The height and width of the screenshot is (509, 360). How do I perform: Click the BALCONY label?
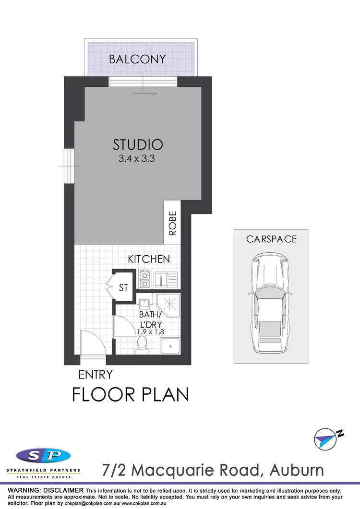pyautogui.click(x=137, y=59)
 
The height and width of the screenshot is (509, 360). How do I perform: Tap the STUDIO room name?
pyautogui.click(x=138, y=144)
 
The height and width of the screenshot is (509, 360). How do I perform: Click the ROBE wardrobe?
pyautogui.click(x=172, y=223)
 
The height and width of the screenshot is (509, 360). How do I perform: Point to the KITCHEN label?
pyautogui.click(x=149, y=259)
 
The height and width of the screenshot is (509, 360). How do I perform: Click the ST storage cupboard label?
pyautogui.click(x=124, y=288)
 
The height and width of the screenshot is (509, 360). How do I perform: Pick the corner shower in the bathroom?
pyautogui.click(x=168, y=305)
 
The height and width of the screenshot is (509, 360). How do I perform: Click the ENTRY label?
pyautogui.click(x=96, y=374)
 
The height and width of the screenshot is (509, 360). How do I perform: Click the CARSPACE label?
pyautogui.click(x=272, y=239)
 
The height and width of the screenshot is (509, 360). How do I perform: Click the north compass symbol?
pyautogui.click(x=327, y=438)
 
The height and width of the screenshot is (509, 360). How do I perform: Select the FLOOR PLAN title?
pyautogui.click(x=130, y=394)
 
